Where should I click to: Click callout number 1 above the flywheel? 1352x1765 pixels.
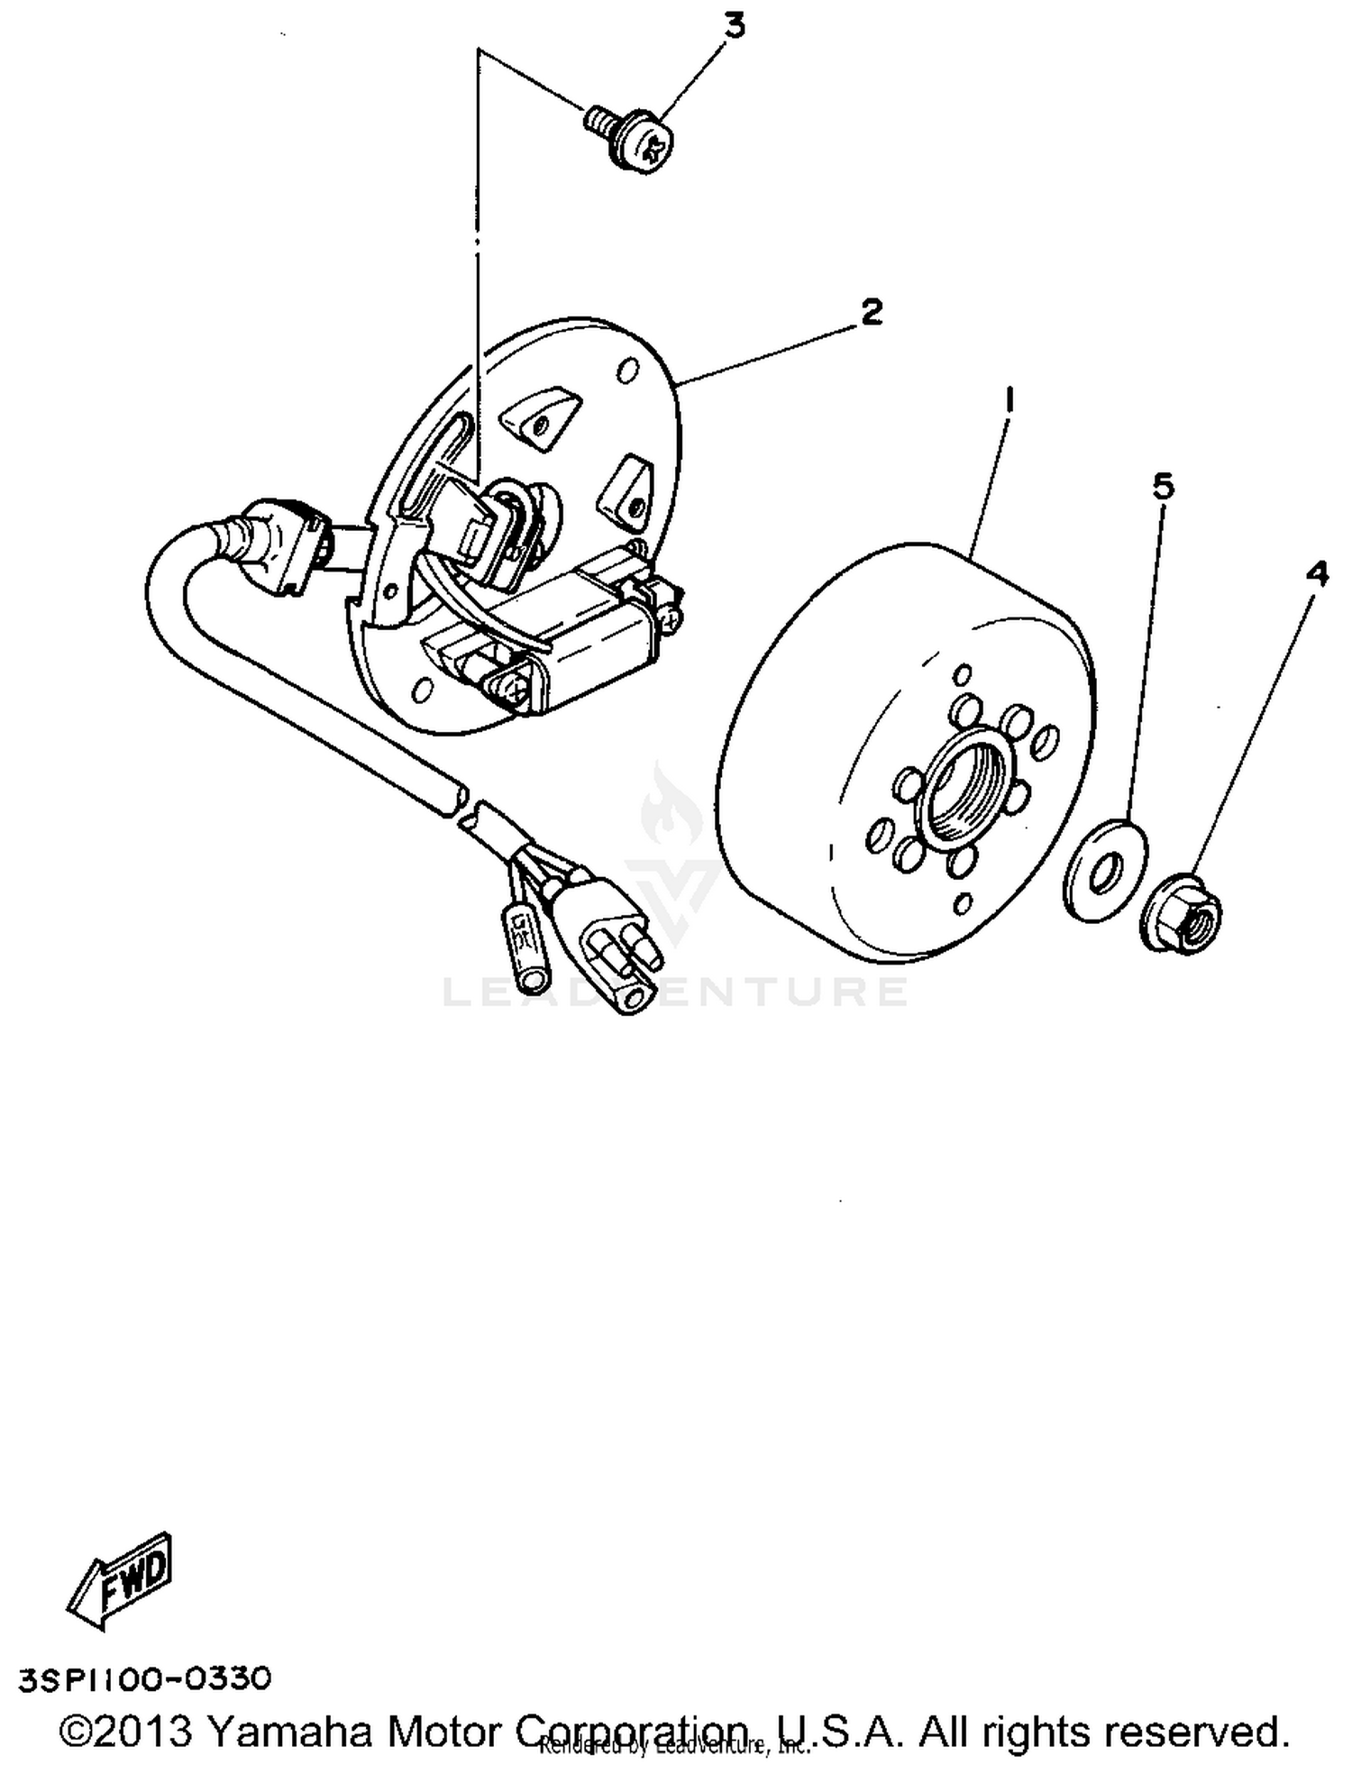pos(1010,400)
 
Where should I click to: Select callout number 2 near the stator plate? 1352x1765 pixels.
pos(871,313)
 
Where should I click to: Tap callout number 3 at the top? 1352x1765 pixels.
pos(735,27)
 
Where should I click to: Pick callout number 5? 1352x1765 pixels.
pos(1164,488)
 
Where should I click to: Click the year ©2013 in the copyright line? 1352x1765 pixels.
pos(126,1728)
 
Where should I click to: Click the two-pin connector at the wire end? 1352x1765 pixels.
pos(613,937)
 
